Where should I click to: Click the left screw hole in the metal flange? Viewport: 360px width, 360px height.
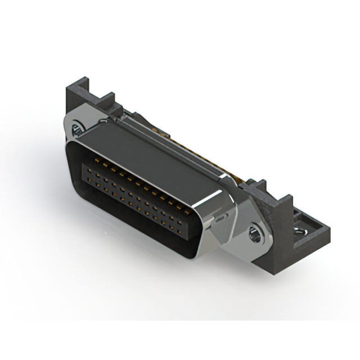click(78, 133)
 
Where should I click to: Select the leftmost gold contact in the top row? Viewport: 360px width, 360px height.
click(87, 161)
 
